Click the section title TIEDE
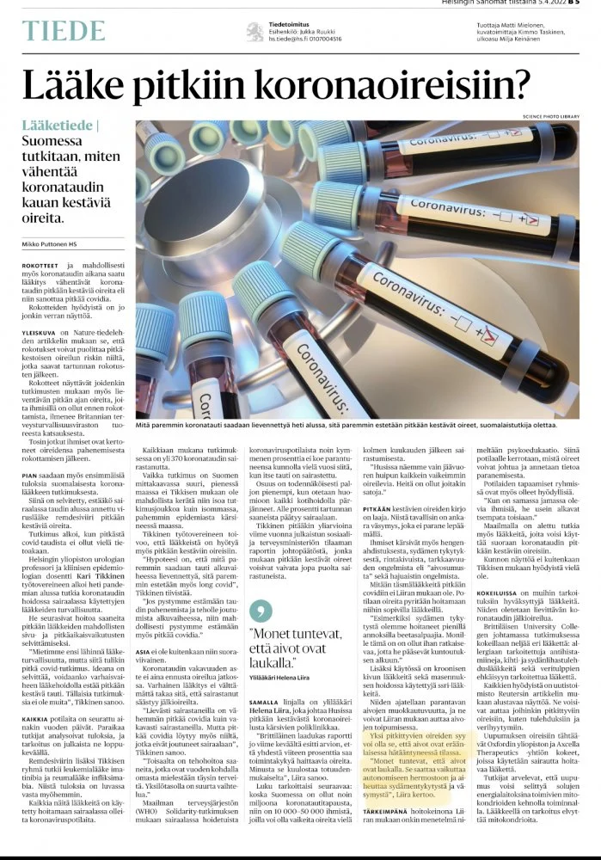point(64,32)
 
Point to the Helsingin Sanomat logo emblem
point(255,32)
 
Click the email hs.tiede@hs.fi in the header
point(291,40)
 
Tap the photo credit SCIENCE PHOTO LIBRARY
point(549,115)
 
